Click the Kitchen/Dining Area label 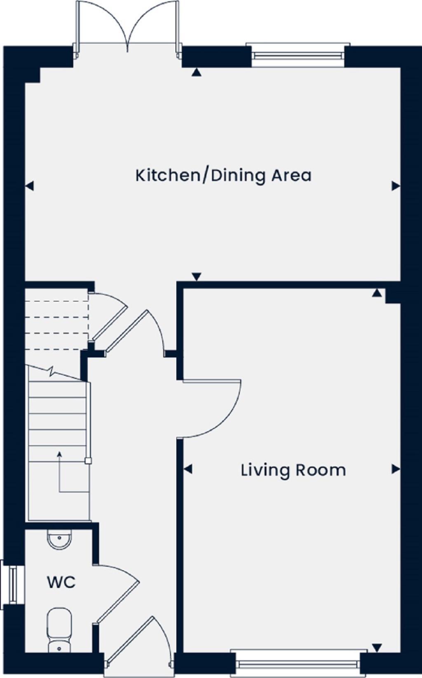pyautogui.click(x=223, y=175)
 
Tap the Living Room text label pyautogui.click(x=293, y=470)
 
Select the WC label pyautogui.click(x=61, y=583)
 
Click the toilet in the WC pyautogui.click(x=59, y=629)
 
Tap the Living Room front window pyautogui.click(x=295, y=664)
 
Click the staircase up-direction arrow pyautogui.click(x=60, y=454)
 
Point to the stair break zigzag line pyautogui.click(x=52, y=372)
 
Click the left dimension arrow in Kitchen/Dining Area pyautogui.click(x=29, y=186)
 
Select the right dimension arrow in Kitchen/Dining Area pyautogui.click(x=396, y=186)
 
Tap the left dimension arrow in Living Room pyautogui.click(x=188, y=469)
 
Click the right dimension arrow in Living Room pyautogui.click(x=396, y=469)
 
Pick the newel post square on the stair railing pyautogui.click(x=88, y=461)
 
